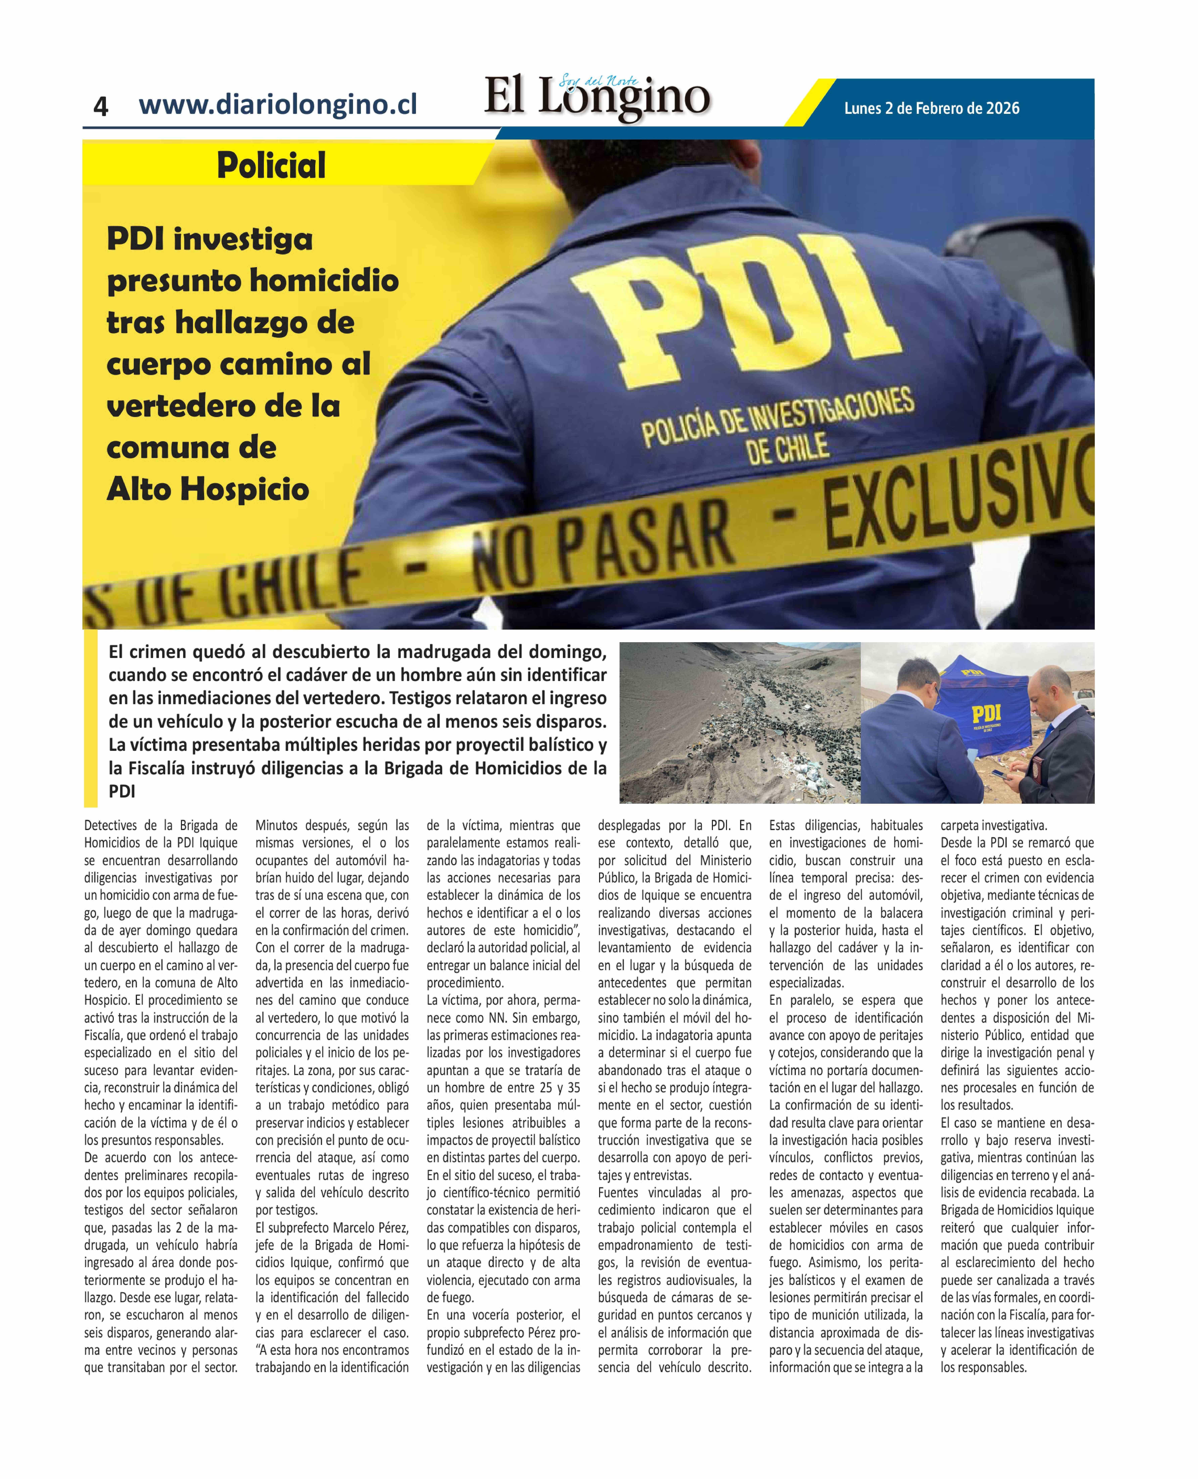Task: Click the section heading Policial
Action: (x=271, y=166)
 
